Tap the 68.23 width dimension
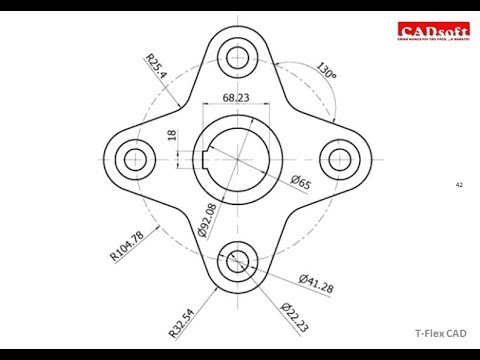click(x=237, y=98)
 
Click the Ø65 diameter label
click(x=299, y=181)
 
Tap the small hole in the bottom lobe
click(x=238, y=259)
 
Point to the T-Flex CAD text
click(x=440, y=334)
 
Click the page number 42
click(x=459, y=185)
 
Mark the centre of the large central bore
click(x=238, y=157)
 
